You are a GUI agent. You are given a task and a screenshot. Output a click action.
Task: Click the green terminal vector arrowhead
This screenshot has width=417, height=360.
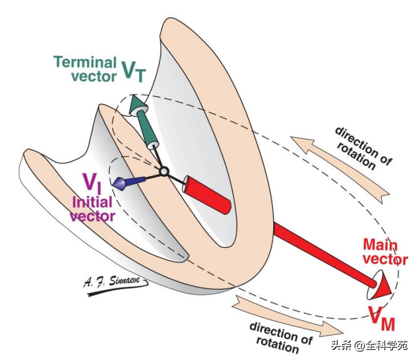point(135,104)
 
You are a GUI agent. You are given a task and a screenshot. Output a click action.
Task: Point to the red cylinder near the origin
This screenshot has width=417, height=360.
point(207,194)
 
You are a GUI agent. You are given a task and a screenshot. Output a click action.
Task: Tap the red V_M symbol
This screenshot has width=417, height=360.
point(382,319)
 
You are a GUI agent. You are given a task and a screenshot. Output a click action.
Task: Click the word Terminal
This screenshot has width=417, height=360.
point(85,62)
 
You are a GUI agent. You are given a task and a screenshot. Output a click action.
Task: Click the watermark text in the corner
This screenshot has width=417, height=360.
point(370,345)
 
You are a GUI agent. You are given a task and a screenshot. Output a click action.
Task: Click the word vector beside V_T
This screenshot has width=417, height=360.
point(94,76)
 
